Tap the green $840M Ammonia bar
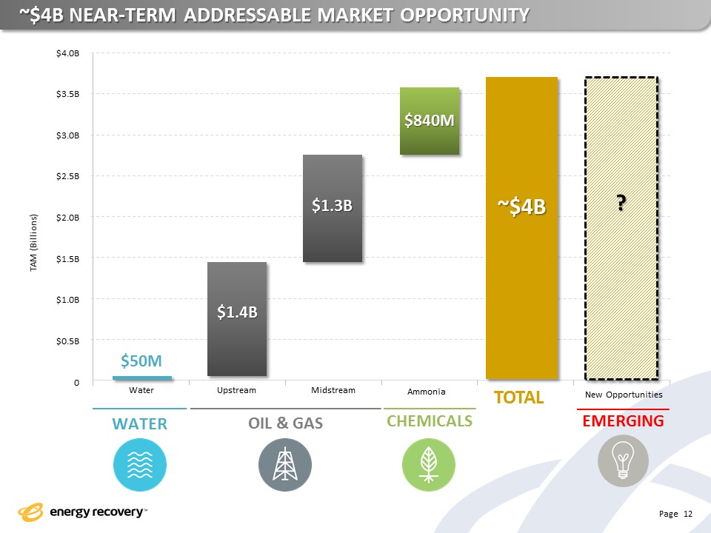tap(430, 121)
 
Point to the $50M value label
tap(142, 361)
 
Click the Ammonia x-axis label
tap(427, 392)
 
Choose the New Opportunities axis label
tap(624, 395)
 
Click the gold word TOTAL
tap(519, 398)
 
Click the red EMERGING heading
tap(623, 421)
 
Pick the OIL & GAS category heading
tap(285, 423)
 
